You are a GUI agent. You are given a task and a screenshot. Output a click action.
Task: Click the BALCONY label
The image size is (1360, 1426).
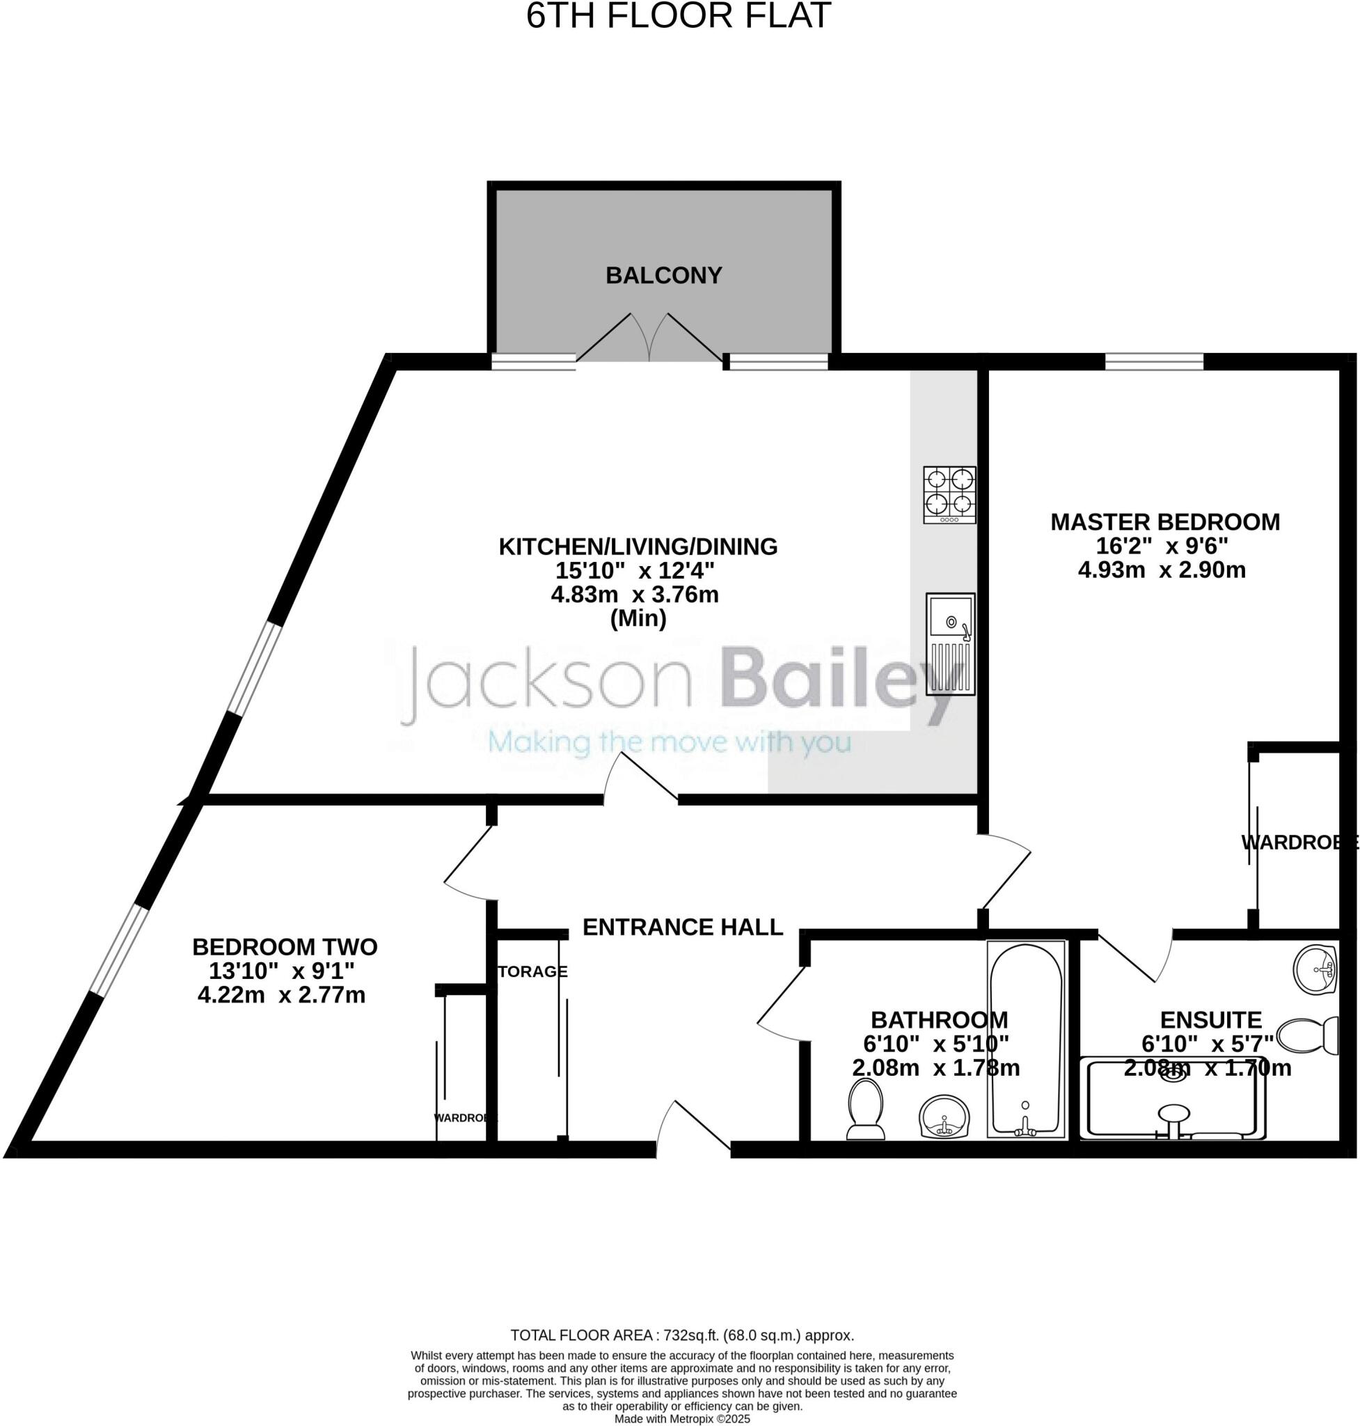pos(663,276)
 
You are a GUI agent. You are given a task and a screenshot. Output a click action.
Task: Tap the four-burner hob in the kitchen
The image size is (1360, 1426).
pos(949,494)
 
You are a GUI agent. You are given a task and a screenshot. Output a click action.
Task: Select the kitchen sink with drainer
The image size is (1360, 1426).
pos(949,644)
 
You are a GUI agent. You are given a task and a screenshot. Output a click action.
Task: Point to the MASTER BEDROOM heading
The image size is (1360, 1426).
pos(1165,522)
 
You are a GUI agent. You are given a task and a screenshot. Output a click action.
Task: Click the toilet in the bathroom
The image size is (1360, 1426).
pos(866,1109)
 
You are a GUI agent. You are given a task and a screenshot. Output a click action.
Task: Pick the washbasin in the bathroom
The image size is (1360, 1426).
pos(943,1117)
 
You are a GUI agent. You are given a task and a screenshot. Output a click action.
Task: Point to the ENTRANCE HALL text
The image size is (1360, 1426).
pos(682,927)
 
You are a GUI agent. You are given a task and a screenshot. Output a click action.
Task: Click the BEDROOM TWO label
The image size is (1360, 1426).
pos(284,946)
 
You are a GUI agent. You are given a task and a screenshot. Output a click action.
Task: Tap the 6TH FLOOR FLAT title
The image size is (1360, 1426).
pos(678,16)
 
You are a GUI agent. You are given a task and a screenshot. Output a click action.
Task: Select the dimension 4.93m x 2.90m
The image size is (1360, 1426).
pos(1162,570)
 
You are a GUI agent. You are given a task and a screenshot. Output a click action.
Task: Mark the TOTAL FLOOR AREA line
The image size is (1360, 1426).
pos(681,1335)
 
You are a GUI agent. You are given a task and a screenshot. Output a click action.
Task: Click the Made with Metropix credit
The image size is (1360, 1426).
pos(681,1418)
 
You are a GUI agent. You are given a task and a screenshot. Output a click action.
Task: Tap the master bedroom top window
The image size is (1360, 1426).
pos(1154,361)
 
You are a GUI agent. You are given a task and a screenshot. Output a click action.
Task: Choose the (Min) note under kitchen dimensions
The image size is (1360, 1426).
pos(638,619)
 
